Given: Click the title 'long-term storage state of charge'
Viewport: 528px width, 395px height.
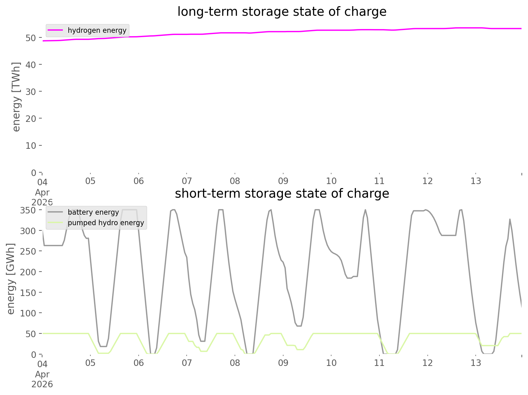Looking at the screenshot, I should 282,12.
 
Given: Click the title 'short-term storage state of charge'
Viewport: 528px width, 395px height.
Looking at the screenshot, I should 282,194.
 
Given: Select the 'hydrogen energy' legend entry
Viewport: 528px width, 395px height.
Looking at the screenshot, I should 97,30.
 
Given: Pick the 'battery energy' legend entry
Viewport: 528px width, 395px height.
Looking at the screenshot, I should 93,212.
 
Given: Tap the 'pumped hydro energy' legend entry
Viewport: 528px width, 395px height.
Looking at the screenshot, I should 106,223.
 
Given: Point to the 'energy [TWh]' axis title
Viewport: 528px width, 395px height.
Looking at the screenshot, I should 16,97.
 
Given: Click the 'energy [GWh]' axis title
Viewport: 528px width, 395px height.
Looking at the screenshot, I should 11,279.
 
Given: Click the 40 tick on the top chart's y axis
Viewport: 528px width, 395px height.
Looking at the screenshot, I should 31,65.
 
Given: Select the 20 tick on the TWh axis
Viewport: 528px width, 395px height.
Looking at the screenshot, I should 31,118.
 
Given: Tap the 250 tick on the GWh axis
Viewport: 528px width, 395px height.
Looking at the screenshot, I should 28,251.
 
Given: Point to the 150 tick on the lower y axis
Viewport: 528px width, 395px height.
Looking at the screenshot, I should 28,293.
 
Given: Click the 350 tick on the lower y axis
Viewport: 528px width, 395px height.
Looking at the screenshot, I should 28,210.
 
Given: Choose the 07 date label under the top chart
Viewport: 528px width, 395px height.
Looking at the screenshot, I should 187,181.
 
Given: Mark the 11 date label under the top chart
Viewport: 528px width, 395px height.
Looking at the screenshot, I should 379,181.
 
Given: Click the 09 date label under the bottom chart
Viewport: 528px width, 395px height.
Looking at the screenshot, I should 283,363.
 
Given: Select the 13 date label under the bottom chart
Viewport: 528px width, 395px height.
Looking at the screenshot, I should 476,363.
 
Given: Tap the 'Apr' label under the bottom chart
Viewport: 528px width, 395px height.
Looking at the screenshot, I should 42,374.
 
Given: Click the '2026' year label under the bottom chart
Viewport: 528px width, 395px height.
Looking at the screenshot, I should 42,384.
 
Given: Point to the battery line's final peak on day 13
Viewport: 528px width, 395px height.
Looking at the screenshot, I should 510,219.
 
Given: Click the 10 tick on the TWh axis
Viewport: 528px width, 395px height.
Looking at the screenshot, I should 31,145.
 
